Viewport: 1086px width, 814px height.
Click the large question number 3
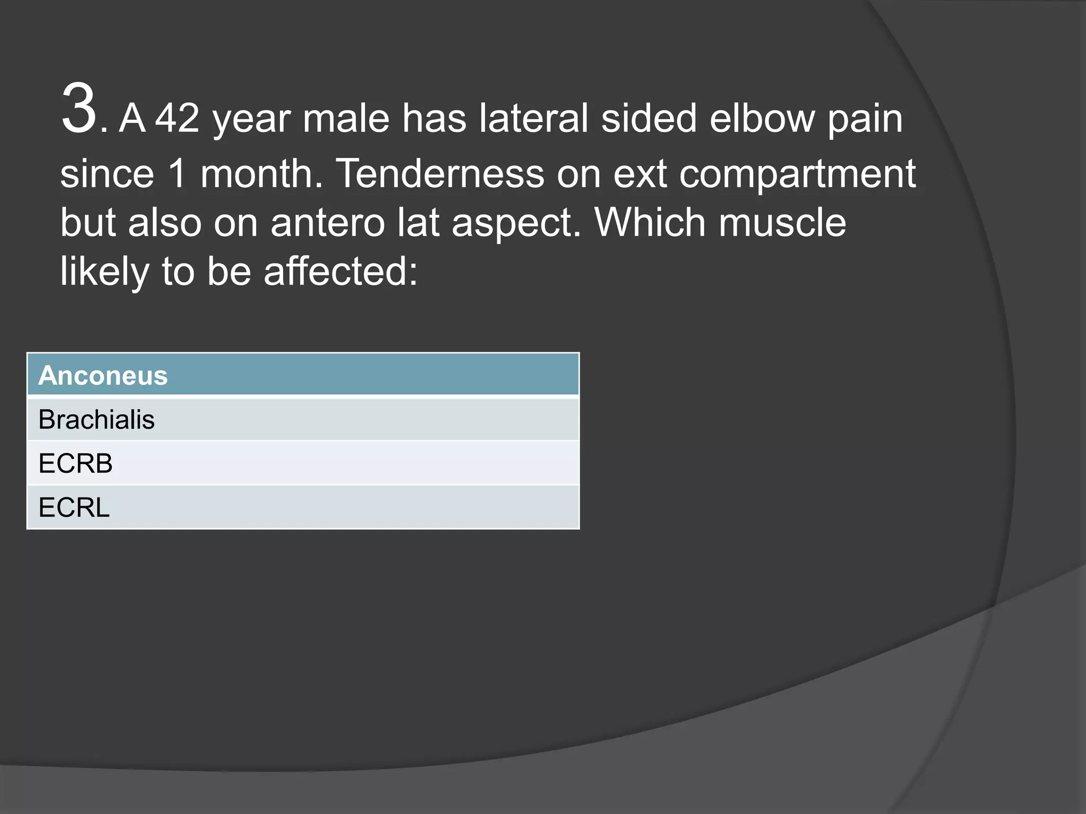(80, 109)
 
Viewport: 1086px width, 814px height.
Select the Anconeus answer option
(103, 376)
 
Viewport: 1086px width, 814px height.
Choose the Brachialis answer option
(97, 420)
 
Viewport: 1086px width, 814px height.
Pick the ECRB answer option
(75, 464)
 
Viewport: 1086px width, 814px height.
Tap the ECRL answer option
(74, 508)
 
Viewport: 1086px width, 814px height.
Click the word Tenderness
(440, 173)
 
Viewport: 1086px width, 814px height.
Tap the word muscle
(782, 223)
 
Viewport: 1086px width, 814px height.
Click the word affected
(340, 271)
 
